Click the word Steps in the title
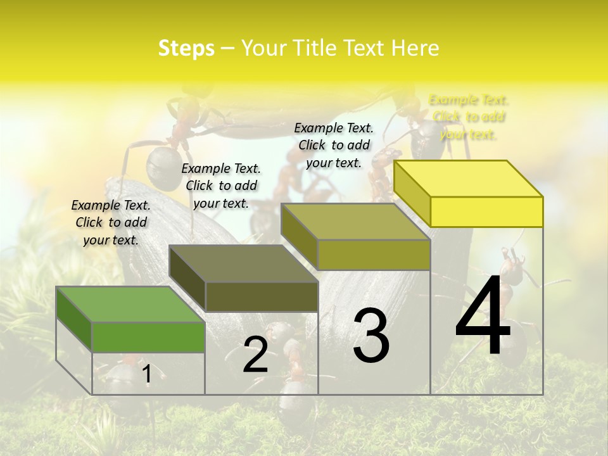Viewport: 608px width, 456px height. [186, 48]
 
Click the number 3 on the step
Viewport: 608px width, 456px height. [371, 336]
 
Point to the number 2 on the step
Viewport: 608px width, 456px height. [255, 355]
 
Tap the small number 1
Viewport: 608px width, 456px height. [147, 374]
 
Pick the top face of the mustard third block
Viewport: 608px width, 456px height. [355, 222]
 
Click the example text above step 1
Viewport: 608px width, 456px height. [111, 222]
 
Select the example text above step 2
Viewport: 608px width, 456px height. [221, 186]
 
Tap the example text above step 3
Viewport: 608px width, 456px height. [334, 145]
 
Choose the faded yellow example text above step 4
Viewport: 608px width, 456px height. [469, 117]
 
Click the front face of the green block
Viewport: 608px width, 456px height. [148, 337]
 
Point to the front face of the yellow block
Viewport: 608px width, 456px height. [486, 212]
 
